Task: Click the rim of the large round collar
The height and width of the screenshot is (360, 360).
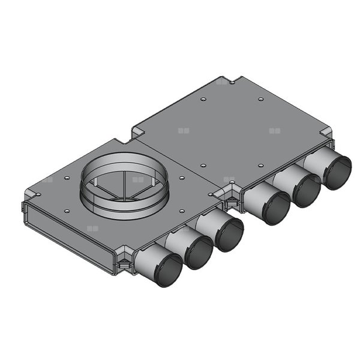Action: tap(124, 157)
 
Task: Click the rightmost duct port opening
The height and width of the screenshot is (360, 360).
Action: tap(337, 172)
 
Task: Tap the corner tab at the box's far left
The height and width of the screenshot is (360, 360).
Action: tap(30, 193)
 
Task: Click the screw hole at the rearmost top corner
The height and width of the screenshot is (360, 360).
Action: tap(239, 85)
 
